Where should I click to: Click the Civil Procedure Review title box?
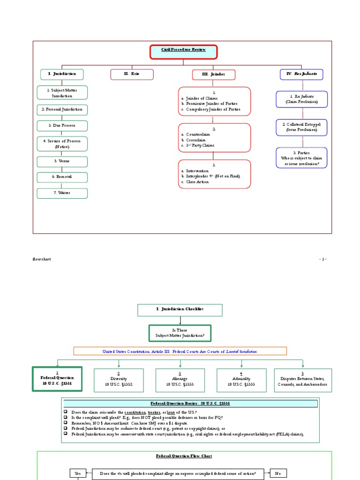click(183, 52)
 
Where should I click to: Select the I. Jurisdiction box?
click(61, 74)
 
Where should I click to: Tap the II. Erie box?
click(132, 74)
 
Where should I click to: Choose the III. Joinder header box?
click(213, 75)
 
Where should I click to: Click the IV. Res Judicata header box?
click(301, 74)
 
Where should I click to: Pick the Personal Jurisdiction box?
click(62, 110)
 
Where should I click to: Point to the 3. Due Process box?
click(62, 126)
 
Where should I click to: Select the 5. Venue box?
click(62, 161)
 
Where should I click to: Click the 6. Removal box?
click(62, 177)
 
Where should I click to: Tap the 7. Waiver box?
click(62, 193)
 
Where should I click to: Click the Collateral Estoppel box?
click(301, 127)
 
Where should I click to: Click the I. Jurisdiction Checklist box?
click(180, 310)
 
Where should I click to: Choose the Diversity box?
click(119, 380)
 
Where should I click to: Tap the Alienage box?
click(180, 380)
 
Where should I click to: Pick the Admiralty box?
click(241, 380)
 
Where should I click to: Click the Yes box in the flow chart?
click(78, 473)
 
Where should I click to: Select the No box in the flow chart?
click(278, 473)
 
